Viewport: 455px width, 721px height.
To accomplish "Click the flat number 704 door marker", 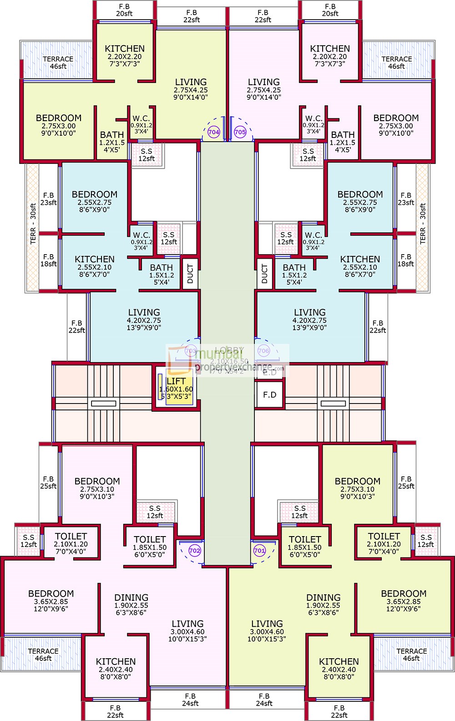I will click(213, 132).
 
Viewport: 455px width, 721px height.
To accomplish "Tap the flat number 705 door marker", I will click(240, 132).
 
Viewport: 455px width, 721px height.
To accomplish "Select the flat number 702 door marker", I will click(194, 550).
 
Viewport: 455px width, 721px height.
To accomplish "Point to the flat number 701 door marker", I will click(259, 550).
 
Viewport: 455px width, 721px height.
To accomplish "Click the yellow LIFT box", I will click(176, 389).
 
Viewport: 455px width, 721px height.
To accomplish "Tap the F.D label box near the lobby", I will click(269, 394).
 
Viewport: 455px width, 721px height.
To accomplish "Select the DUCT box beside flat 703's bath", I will click(190, 274).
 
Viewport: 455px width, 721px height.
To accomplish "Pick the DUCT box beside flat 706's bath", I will click(265, 274).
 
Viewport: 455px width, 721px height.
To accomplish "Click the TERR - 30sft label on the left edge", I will click(33, 224).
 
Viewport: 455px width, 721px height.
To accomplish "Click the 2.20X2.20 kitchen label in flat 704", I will click(125, 56).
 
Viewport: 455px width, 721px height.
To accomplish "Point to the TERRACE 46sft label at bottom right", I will click(411, 655).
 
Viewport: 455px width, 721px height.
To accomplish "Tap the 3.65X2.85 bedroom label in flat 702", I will click(51, 601).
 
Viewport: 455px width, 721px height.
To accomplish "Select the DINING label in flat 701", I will click(323, 598).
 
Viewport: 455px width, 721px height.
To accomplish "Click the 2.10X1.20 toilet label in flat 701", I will click(384, 543).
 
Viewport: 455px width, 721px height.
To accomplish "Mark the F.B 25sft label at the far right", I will click(406, 482).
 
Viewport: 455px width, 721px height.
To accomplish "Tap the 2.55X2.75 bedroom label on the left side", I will click(95, 202).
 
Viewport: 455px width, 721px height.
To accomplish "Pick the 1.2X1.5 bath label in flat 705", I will click(343, 142).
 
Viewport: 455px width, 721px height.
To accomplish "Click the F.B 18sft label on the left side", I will click(49, 260).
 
